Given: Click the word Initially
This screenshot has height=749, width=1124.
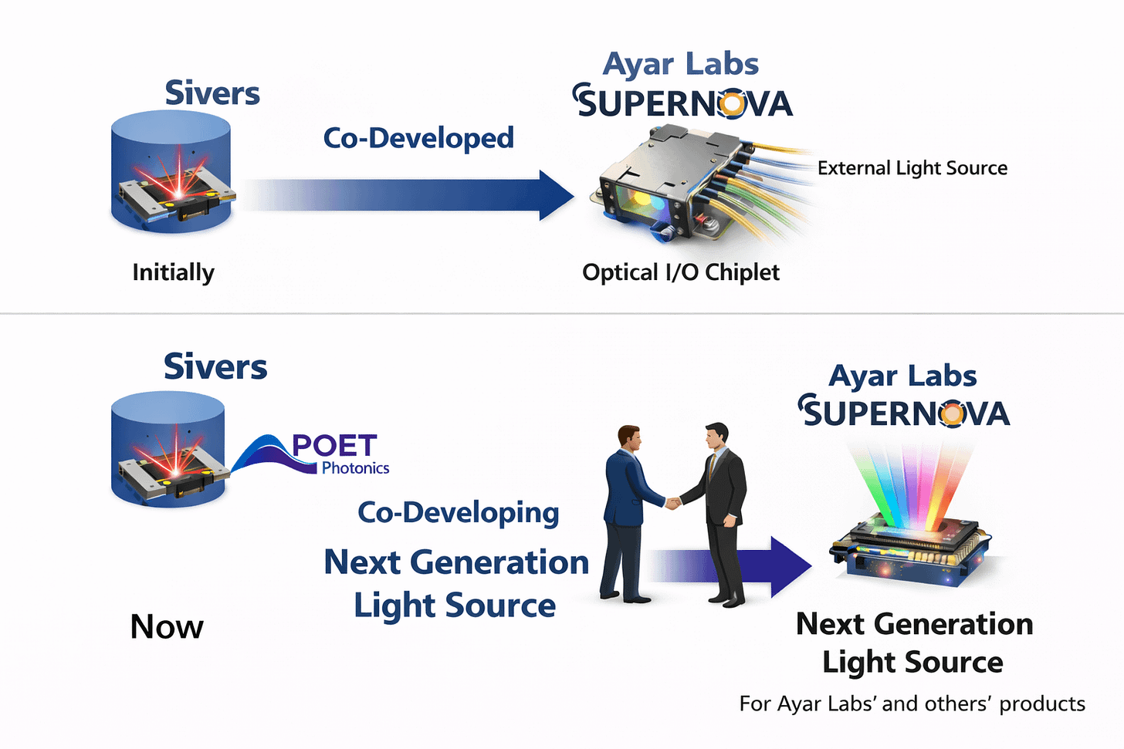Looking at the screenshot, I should [x=173, y=272].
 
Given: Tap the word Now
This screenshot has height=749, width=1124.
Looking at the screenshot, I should [x=167, y=626].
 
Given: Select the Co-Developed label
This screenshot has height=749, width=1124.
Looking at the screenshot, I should [x=418, y=138].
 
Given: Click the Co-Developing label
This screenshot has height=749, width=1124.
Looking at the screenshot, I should [x=458, y=512].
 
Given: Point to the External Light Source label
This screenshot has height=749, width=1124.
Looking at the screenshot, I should [x=912, y=168].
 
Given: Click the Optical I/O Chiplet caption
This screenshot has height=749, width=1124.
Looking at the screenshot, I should [x=680, y=272].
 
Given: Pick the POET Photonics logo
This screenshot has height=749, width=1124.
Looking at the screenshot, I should [x=317, y=454].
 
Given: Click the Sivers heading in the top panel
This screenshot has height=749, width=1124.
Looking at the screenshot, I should [x=212, y=93].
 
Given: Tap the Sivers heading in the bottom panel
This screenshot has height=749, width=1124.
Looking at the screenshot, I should [x=215, y=366].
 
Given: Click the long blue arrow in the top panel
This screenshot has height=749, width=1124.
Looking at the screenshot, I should [x=409, y=195].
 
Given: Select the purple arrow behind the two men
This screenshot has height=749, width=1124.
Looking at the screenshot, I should [x=780, y=567].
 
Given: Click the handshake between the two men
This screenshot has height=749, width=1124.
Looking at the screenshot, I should [x=673, y=503].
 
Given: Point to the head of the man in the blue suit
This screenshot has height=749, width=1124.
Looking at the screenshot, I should [x=629, y=439].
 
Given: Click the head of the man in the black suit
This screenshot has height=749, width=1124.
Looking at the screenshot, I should [x=716, y=437].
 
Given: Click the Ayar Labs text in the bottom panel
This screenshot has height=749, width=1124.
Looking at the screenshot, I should [x=902, y=376].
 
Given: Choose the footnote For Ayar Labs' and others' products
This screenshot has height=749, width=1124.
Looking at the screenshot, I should [x=912, y=703].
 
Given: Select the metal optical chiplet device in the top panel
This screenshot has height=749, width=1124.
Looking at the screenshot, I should [x=672, y=185].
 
